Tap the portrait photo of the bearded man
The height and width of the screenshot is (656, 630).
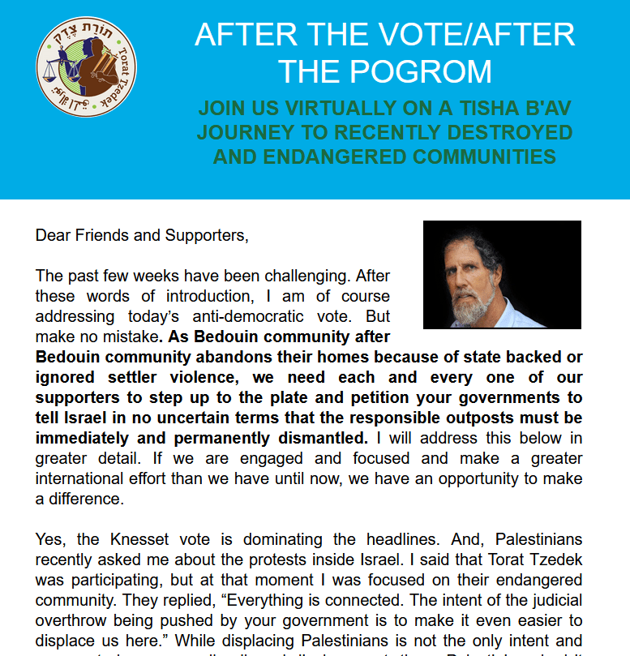pyautogui.click(x=502, y=274)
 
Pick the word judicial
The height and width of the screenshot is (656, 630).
pyautogui.click(x=552, y=600)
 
